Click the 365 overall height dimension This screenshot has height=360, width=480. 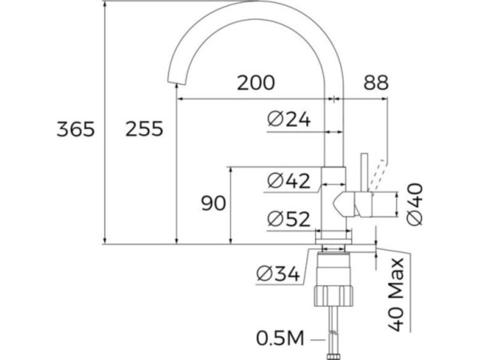(x=76, y=129)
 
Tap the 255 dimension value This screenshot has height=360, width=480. (x=144, y=129)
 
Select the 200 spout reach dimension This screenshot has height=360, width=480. (x=256, y=83)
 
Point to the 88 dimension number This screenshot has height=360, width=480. (x=376, y=83)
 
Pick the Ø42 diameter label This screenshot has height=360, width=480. (x=288, y=181)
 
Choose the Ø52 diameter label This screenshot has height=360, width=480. (x=289, y=219)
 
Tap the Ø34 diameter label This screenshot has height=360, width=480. (x=277, y=273)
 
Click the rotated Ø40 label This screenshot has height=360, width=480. (x=415, y=203)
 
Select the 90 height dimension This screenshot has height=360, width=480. (x=213, y=204)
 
